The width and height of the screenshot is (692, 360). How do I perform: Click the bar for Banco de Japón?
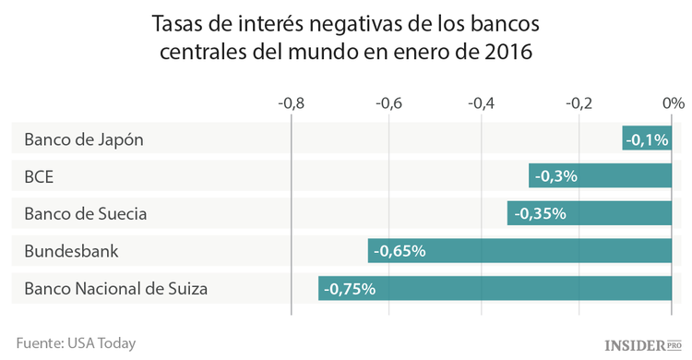click(648, 139)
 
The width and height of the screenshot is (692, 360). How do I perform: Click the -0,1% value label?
click(648, 140)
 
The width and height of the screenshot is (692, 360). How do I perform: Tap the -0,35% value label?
click(539, 213)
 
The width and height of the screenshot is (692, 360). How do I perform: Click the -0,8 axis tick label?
click(291, 102)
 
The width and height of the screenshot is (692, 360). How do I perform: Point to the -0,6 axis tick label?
click(388, 102)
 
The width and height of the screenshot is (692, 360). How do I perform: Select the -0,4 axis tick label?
click(483, 102)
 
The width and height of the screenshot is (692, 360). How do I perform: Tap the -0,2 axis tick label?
click(579, 102)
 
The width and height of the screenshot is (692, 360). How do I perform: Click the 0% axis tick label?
click(673, 102)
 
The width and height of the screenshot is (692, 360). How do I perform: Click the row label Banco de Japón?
click(84, 140)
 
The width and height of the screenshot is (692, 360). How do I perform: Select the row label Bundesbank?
click(71, 250)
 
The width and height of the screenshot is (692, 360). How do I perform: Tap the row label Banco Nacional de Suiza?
click(115, 288)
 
